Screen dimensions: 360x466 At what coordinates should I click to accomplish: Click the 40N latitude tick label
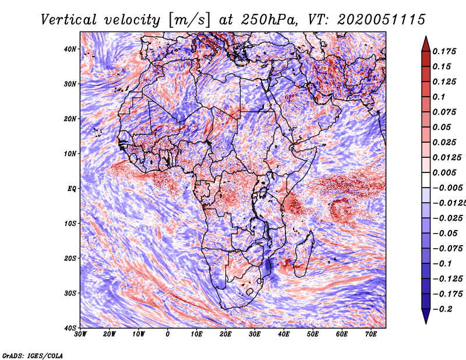pyautogui.click(x=70, y=49)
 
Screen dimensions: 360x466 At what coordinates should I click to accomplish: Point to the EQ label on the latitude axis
pyautogui.click(x=71, y=189)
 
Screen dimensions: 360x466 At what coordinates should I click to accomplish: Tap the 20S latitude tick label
pyautogui.click(x=70, y=258)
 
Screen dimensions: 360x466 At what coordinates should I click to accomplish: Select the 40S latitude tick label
pyautogui.click(x=70, y=327)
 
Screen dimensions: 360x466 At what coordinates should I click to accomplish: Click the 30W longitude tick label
pyautogui.click(x=81, y=334)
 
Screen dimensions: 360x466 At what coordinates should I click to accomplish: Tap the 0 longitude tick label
pyautogui.click(x=168, y=334)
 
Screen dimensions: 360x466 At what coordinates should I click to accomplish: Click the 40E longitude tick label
pyautogui.click(x=284, y=334)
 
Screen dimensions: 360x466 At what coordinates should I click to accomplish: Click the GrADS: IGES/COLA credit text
pyautogui.click(x=32, y=355)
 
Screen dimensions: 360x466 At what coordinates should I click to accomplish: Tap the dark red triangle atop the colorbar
pyautogui.click(x=425, y=43)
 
